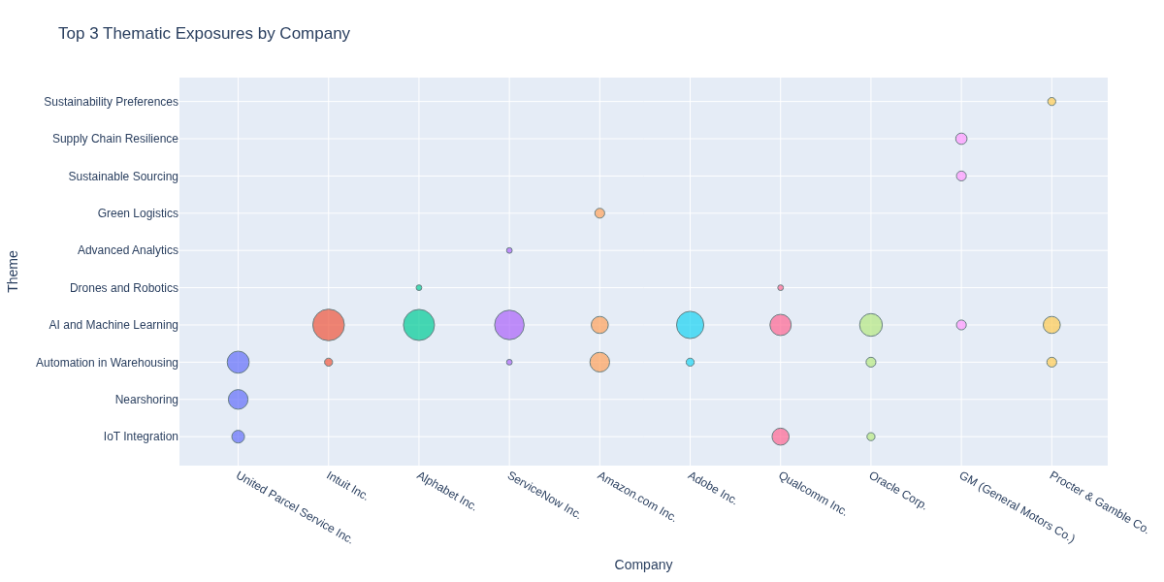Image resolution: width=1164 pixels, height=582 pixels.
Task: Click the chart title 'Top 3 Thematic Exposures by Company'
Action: pos(204,34)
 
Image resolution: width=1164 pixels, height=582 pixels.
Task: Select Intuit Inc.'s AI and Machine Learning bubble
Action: pos(329,325)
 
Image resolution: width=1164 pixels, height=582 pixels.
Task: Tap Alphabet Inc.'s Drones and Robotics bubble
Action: pos(419,288)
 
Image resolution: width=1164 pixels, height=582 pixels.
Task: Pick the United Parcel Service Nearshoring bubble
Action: pos(239,400)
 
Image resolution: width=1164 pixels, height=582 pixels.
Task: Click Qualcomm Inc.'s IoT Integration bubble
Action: pos(781,436)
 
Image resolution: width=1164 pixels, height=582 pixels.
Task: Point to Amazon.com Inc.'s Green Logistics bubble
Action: pos(599,213)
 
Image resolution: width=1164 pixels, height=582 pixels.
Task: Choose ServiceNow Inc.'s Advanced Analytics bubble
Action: pos(509,250)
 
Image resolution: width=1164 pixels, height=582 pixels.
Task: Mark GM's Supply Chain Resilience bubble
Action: pos(961,139)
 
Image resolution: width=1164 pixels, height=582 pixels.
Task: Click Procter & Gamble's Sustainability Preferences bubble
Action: pos(1051,102)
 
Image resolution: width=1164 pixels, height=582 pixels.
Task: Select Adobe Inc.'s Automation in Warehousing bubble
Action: pos(691,363)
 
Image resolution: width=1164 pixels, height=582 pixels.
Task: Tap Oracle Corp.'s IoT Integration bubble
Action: pos(871,436)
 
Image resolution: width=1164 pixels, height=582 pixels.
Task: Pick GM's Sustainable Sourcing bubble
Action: pos(961,177)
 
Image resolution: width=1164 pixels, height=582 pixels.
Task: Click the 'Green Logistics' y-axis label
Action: pos(138,213)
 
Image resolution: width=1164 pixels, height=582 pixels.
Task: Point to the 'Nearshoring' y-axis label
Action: pos(146,400)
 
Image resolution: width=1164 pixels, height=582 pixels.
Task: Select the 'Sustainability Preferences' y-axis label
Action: pos(111,102)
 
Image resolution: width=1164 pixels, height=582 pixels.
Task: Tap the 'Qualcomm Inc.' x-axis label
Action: pos(813,494)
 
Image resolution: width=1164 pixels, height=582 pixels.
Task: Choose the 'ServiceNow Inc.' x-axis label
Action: pos(544,495)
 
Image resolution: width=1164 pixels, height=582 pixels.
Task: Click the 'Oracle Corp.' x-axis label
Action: pos(897,491)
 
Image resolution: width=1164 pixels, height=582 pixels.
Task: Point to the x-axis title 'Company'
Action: pos(643,565)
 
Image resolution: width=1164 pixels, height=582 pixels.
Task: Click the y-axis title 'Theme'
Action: pos(14,272)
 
